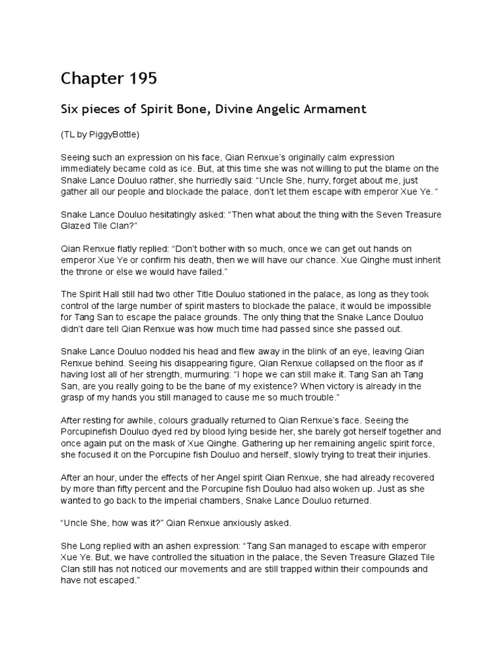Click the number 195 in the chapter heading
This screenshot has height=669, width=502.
(139, 79)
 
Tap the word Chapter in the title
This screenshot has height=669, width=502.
(89, 79)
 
